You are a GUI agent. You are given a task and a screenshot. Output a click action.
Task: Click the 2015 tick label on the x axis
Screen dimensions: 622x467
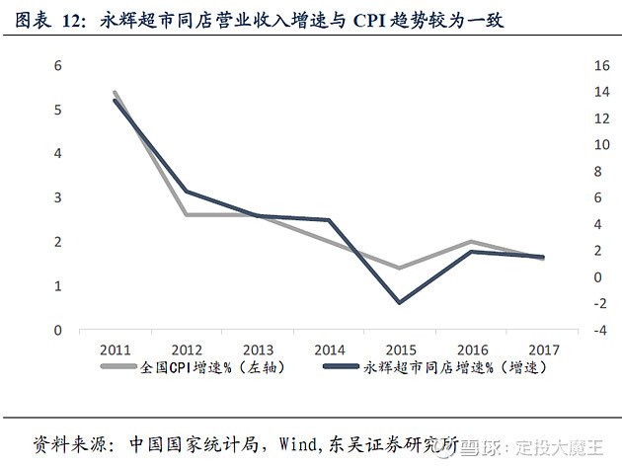point(401,350)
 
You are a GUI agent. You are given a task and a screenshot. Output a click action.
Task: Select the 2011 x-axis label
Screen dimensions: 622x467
point(116,350)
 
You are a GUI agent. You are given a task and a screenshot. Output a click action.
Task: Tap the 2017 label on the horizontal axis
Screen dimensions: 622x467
point(543,350)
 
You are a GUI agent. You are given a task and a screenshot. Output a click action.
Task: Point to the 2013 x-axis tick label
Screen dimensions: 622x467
point(258,350)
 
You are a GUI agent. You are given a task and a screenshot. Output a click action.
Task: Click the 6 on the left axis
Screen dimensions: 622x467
point(58,65)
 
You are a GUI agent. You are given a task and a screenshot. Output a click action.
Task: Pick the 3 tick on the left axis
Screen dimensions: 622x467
point(58,197)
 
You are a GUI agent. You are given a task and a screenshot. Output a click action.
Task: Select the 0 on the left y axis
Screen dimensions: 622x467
point(58,330)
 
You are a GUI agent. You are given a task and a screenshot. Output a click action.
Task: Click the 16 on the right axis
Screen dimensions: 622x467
point(601,65)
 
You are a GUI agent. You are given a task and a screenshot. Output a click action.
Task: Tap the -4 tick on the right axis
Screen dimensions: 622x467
point(600,330)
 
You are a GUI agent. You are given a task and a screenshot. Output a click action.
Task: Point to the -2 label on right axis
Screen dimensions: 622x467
point(600,303)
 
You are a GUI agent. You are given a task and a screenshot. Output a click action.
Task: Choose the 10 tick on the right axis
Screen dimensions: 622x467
point(601,145)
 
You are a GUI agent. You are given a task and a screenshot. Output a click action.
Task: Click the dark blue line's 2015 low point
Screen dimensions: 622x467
point(400,303)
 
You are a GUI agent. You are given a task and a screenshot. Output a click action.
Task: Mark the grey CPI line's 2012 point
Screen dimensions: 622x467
point(187,214)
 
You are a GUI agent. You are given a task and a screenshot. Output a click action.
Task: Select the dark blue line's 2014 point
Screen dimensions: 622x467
point(329,220)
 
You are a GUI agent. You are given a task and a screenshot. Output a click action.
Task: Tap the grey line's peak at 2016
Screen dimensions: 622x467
point(471,242)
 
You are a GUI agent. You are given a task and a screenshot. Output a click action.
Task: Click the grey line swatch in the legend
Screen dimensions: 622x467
point(118,366)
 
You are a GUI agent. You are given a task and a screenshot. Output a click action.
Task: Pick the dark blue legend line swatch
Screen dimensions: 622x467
point(342,366)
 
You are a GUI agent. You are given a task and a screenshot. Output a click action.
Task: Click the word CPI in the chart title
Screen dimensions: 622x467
point(369,21)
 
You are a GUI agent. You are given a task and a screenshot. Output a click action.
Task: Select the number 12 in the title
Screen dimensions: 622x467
point(71,21)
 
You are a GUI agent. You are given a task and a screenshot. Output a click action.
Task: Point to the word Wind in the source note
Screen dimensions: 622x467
point(297,444)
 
